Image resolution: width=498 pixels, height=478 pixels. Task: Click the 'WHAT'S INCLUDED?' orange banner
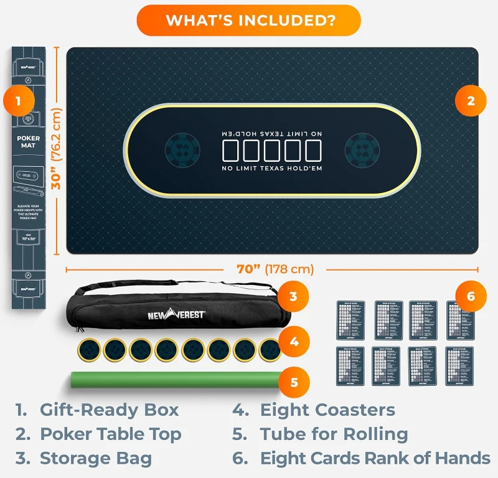pyautogui.click(x=249, y=21)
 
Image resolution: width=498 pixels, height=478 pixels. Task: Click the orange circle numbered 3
pyautogui.click(x=293, y=297)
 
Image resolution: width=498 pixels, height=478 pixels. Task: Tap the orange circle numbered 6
pyautogui.click(x=471, y=297)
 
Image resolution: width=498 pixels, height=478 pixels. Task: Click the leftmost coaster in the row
pyautogui.click(x=89, y=350)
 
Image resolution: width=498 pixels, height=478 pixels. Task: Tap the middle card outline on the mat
pyautogui.click(x=272, y=151)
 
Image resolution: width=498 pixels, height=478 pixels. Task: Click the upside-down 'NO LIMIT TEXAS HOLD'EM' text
pyautogui.click(x=272, y=133)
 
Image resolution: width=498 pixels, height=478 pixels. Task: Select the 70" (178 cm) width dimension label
pyautogui.click(x=275, y=269)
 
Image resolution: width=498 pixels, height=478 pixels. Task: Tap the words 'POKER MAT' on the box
pyautogui.click(x=29, y=142)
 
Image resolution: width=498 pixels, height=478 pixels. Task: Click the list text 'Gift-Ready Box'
pyautogui.click(x=109, y=410)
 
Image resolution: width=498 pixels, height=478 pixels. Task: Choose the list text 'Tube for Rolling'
pyautogui.click(x=334, y=434)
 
